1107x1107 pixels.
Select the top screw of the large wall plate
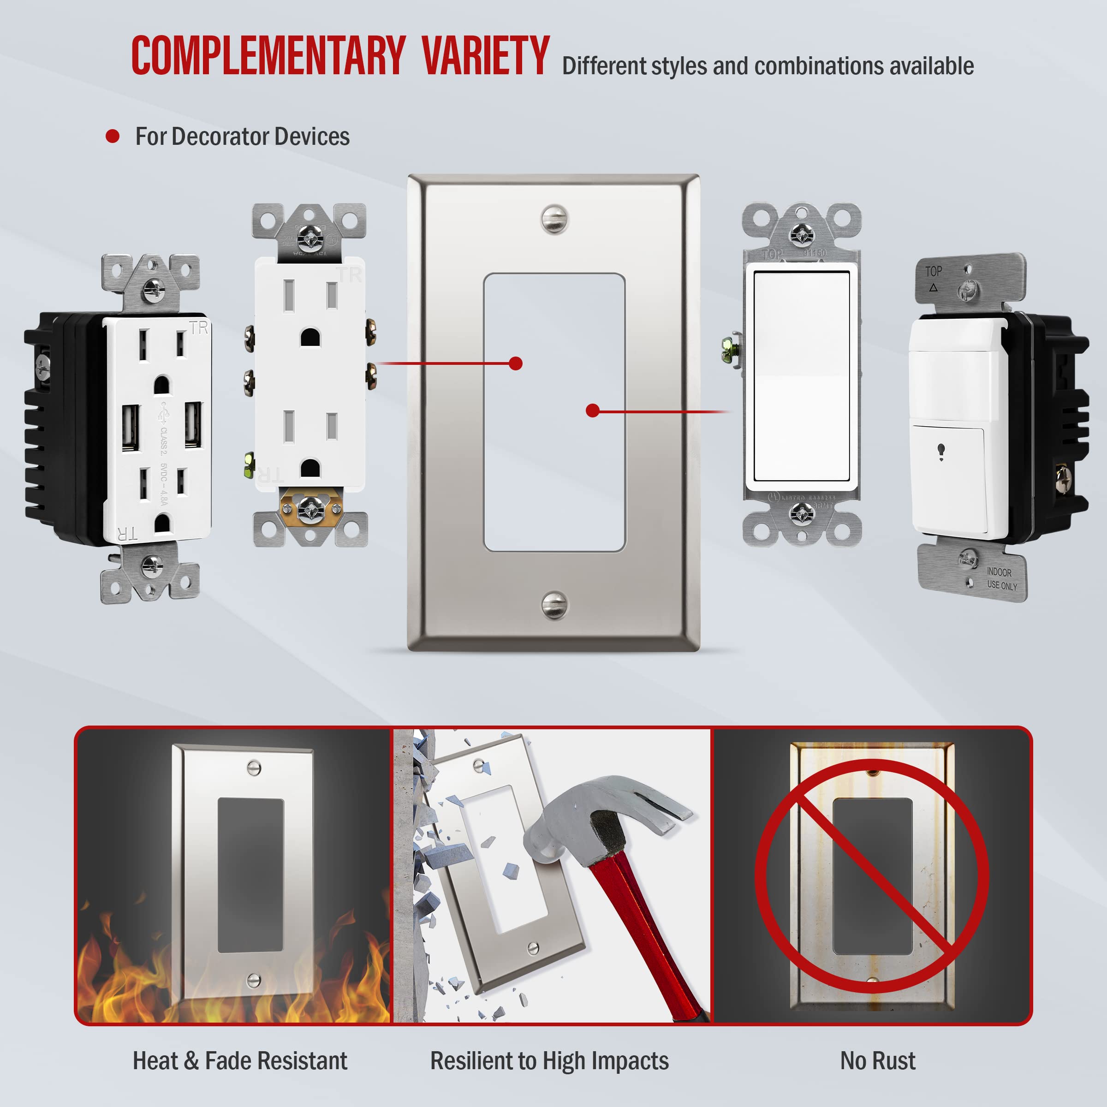[x=554, y=219]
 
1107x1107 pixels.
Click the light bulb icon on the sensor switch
[x=941, y=452]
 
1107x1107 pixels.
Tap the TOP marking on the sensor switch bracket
[x=934, y=272]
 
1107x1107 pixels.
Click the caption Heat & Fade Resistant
[x=240, y=1060]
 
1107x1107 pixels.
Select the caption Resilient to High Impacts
[x=549, y=1060]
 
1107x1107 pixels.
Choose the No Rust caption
[x=878, y=1060]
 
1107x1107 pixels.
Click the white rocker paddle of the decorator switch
[x=801, y=376]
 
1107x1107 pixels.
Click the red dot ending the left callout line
[x=516, y=363]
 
